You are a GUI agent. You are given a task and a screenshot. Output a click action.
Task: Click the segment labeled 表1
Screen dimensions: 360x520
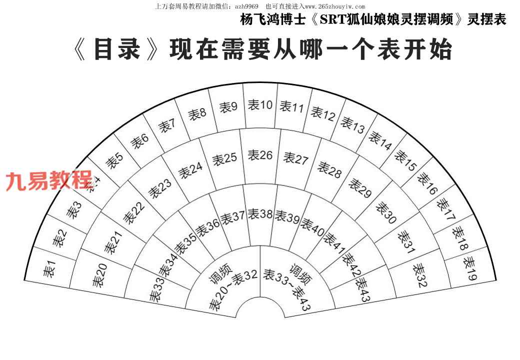[x=48, y=270]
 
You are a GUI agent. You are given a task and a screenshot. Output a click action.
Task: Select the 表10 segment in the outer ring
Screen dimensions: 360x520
[x=260, y=105]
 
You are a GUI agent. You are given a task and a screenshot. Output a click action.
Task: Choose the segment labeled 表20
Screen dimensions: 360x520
[x=99, y=275]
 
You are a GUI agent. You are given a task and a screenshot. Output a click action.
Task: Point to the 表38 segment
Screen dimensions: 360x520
[x=260, y=214]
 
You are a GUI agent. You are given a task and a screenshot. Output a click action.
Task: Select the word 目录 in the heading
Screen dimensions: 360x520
[x=116, y=50]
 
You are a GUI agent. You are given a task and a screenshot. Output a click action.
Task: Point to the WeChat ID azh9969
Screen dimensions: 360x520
[x=246, y=6]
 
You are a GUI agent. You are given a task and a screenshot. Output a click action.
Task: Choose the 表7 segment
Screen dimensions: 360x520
[x=166, y=124]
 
